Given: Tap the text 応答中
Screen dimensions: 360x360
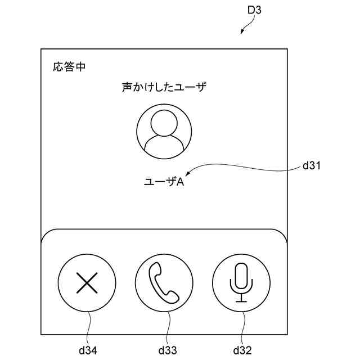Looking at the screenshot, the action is tap(69, 67).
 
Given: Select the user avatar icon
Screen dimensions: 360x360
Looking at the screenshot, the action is tap(164, 132).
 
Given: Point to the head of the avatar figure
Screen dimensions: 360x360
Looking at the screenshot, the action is tap(164, 123).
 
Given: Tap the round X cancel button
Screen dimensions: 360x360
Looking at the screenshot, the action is tap(87, 282).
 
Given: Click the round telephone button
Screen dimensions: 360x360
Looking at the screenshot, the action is tap(164, 282).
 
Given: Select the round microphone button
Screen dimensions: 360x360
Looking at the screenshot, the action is tap(241, 282).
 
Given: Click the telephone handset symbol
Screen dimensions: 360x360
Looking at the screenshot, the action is tap(164, 282).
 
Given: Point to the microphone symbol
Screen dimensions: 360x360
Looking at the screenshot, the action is tap(241, 281).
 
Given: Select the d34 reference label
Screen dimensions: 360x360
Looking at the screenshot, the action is tap(88, 350).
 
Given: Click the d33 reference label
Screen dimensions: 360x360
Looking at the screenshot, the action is tap(167, 350).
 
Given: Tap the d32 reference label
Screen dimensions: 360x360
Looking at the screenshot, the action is tap(242, 350).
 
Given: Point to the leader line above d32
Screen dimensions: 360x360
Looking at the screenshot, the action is tap(243, 326).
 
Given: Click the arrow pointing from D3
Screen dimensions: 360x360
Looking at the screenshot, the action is tap(246, 27).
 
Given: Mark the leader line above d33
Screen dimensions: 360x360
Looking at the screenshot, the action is tap(169, 326).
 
